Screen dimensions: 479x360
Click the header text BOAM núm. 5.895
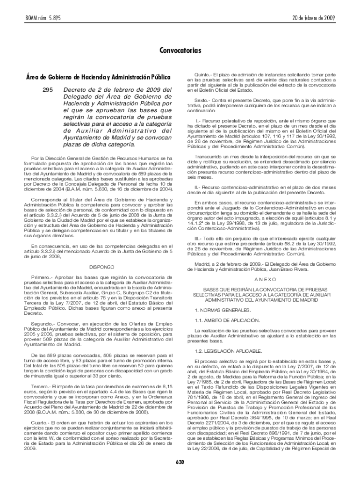pyautogui.click(x=34, y=18)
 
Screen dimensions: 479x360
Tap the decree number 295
pyautogui.click(x=48, y=89)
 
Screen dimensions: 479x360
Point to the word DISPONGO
pyautogui.click(x=101, y=267)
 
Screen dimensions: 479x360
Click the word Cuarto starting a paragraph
pyautogui.click(x=41, y=423)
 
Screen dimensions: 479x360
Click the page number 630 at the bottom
pyautogui.click(x=180, y=462)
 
